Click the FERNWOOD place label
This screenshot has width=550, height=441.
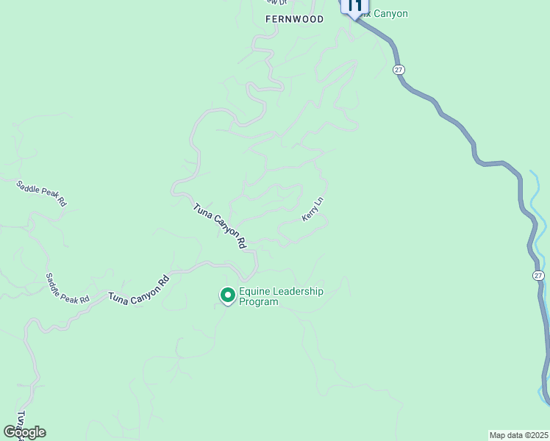click(294, 20)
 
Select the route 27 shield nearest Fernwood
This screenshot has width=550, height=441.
click(399, 69)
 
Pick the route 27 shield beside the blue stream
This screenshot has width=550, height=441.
click(539, 275)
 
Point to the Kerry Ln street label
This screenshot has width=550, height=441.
click(312, 209)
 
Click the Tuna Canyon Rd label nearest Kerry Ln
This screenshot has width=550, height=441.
click(219, 226)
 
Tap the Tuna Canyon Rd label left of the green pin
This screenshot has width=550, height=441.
click(138, 289)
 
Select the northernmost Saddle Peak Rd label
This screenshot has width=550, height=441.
click(41, 193)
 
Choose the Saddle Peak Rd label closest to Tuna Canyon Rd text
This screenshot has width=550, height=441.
click(67, 289)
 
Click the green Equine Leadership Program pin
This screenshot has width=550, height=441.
click(228, 295)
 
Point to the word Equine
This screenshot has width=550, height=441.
click(254, 291)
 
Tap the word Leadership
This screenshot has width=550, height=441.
click(298, 291)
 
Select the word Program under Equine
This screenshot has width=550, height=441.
click(259, 302)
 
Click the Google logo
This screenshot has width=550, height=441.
click(24, 432)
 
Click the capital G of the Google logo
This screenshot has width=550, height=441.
click(10, 432)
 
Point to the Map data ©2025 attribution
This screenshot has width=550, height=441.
click(518, 435)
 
